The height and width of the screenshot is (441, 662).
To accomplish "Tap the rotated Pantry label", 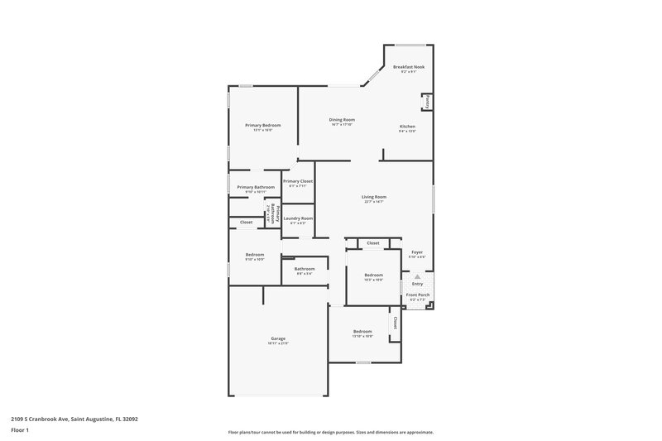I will (427, 103).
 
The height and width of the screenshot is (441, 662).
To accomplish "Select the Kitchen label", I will (407, 127).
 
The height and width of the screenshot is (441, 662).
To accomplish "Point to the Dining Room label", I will (342, 120).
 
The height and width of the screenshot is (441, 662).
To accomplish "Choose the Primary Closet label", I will (297, 181).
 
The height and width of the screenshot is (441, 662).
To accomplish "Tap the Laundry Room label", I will (297, 218).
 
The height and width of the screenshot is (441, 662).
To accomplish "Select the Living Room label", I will (375, 197).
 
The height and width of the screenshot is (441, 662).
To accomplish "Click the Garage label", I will (278, 338).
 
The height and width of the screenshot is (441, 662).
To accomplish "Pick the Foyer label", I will (417, 252).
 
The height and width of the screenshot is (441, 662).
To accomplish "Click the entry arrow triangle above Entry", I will (417, 277).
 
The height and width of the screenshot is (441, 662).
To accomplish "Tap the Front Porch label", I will (417, 295).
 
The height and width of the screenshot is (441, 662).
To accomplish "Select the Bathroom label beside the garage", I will (305, 268).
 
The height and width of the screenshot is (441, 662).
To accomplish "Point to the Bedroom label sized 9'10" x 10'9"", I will (254, 255).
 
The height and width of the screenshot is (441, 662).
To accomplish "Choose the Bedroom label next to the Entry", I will (374, 275).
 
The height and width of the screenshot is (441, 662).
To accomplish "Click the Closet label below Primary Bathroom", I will (247, 222).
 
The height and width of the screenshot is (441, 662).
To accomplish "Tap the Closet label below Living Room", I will (373, 243).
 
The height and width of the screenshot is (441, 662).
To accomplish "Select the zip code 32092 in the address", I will (128, 419).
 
